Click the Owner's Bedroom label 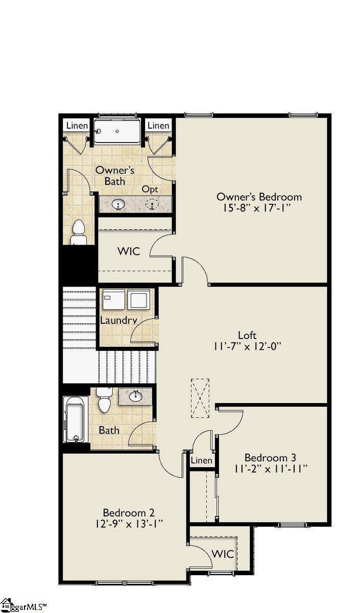259,197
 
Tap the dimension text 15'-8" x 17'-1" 259,208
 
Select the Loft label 245,335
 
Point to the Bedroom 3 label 270,457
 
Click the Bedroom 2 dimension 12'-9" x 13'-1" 129,524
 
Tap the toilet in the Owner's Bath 78,232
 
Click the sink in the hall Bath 136,396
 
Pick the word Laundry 118,321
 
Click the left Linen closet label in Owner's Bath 78,126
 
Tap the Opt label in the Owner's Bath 150,190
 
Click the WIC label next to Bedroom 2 223,554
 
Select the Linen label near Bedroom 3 201,461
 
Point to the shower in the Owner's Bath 117,131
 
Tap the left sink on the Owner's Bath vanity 119,205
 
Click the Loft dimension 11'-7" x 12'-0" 249,347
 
